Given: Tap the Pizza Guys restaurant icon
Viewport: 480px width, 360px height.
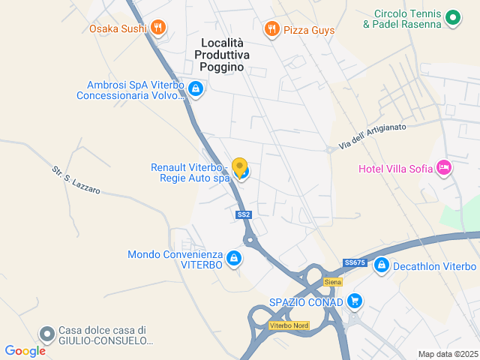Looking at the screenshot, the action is tap(271, 30).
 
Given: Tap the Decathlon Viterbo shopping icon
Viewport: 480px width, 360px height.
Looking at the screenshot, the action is tap(381, 266).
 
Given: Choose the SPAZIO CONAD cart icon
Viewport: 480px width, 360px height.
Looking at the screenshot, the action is tap(355, 302).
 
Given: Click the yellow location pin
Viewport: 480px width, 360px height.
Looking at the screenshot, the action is tap(239, 167).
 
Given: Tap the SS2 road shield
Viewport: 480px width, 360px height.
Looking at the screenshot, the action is tap(243, 214).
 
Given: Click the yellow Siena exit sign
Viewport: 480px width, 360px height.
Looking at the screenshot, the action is tap(333, 282).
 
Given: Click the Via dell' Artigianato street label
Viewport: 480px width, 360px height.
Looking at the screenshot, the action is tap(372, 136).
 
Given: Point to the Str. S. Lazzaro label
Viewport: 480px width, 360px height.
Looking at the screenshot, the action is tap(76, 180).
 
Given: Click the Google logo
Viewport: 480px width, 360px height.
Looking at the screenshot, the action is tap(25, 350).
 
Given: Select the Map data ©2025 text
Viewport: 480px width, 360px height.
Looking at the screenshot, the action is tap(447, 354).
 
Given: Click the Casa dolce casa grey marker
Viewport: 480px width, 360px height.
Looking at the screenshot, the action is tap(47, 333).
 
